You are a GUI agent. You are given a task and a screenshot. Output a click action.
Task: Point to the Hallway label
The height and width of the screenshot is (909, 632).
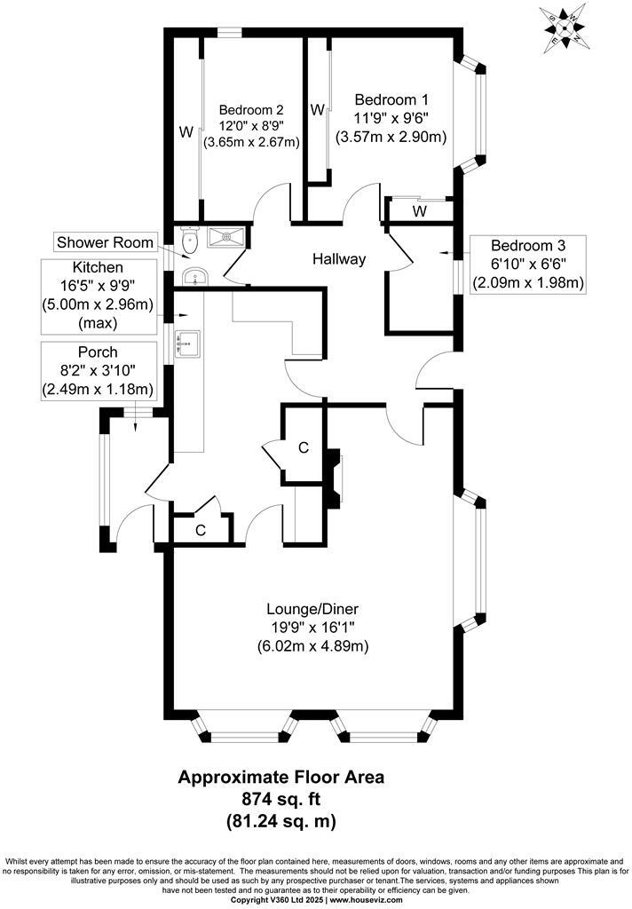(x=339, y=259)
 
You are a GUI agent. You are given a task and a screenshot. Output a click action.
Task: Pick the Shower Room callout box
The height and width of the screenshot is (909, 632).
(x=106, y=242)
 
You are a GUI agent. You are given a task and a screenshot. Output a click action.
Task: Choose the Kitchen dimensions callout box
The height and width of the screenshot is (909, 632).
(x=98, y=294)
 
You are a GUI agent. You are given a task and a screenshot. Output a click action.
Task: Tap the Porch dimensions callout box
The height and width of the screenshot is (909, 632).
(x=98, y=370)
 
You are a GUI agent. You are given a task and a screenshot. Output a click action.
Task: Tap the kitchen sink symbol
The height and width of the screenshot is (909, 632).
(x=188, y=343)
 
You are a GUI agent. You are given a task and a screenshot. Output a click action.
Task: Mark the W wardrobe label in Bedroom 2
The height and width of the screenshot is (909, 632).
(x=186, y=132)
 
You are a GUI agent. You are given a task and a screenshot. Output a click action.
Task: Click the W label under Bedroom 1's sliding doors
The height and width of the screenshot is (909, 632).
(x=419, y=211)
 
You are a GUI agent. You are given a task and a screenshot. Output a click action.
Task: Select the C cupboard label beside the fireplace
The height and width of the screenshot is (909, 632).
(x=304, y=448)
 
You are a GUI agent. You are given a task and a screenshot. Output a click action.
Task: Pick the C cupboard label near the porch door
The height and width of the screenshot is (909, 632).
(x=201, y=530)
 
